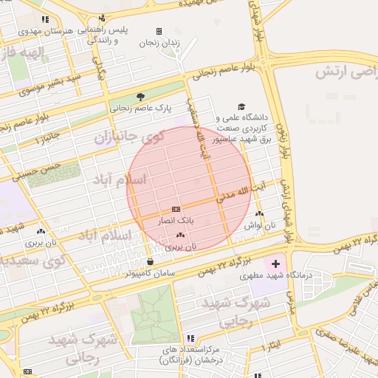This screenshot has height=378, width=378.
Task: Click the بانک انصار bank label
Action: point(176,221)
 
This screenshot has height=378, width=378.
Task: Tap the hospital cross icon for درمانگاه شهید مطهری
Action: point(275,264)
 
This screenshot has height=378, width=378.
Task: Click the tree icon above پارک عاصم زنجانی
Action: point(140,96)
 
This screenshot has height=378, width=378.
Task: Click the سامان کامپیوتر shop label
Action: point(150,273)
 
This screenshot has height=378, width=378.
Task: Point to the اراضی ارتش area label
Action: point(348,72)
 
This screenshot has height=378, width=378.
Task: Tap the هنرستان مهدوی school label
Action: point(52,31)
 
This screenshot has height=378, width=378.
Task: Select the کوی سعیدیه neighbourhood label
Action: point(30,261)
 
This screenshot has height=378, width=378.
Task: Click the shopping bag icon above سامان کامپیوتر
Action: point(151,261)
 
